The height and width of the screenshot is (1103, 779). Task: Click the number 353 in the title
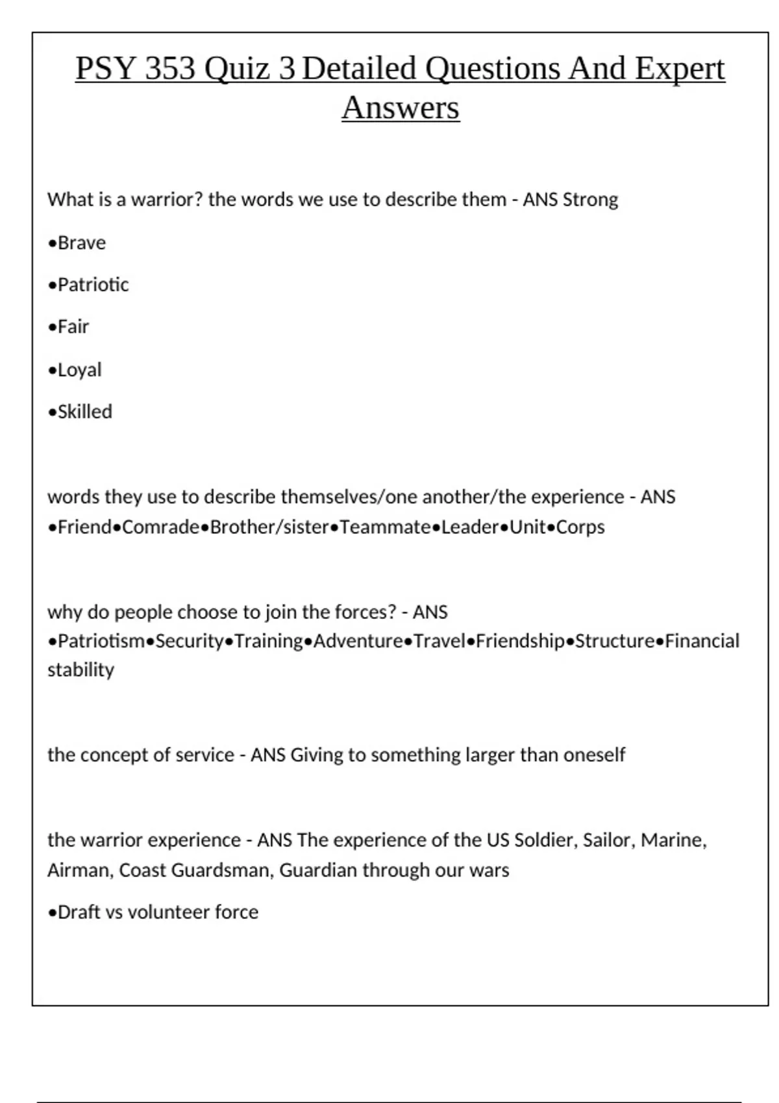170,69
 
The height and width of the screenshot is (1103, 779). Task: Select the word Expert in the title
679,69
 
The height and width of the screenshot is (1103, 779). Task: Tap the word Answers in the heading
401,108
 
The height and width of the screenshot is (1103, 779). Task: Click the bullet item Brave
81,243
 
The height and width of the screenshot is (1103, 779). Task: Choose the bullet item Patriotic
93,285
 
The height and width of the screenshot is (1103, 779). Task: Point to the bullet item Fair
73,326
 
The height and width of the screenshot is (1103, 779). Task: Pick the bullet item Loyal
79,370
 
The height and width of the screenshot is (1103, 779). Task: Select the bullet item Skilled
84,412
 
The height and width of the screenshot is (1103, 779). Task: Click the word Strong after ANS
590,199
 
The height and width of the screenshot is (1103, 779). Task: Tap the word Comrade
160,527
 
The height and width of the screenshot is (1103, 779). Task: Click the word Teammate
385,527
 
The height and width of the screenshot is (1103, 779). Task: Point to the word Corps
580,527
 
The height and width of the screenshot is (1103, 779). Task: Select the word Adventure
358,641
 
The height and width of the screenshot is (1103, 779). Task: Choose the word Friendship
520,641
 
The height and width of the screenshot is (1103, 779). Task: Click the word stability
80,670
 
